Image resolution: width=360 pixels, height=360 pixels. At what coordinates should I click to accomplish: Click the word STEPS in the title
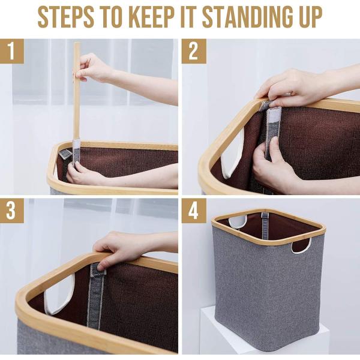(x=65, y=17)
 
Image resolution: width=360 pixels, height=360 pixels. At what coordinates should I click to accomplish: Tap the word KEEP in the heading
(x=153, y=17)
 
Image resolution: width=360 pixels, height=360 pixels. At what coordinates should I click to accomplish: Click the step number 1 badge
(x=12, y=51)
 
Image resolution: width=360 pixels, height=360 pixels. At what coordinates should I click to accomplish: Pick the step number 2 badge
(x=194, y=51)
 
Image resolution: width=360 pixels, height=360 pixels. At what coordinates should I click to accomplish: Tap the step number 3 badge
(x=12, y=211)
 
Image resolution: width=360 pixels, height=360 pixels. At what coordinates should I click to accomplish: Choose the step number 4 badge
(x=194, y=211)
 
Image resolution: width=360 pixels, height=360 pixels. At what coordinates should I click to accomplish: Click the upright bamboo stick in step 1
(x=76, y=92)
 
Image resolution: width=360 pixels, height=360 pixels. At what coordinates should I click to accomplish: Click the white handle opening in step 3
(x=59, y=294)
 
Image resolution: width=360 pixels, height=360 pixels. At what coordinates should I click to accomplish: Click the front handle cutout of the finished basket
(x=301, y=245)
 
